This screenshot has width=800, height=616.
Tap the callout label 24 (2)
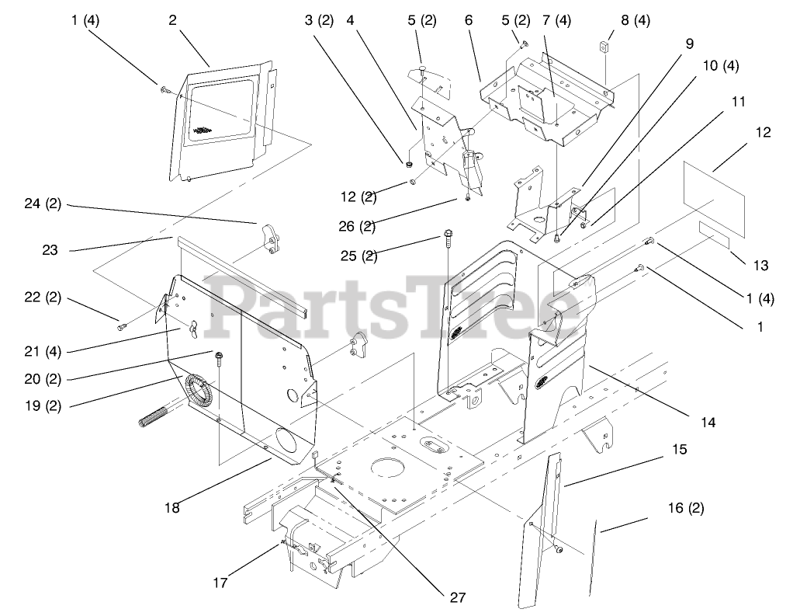pyautogui.click(x=43, y=205)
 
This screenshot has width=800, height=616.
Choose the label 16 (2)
pyautogui.click(x=685, y=509)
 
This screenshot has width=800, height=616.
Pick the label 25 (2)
pyautogui.click(x=359, y=255)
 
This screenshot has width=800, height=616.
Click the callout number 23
pyautogui.click(x=50, y=250)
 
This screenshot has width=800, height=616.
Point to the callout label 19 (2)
pyautogui.click(x=42, y=404)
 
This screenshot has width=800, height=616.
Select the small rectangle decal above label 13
pyautogui.click(x=714, y=233)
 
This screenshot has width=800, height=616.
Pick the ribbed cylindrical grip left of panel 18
pyautogui.click(x=159, y=419)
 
